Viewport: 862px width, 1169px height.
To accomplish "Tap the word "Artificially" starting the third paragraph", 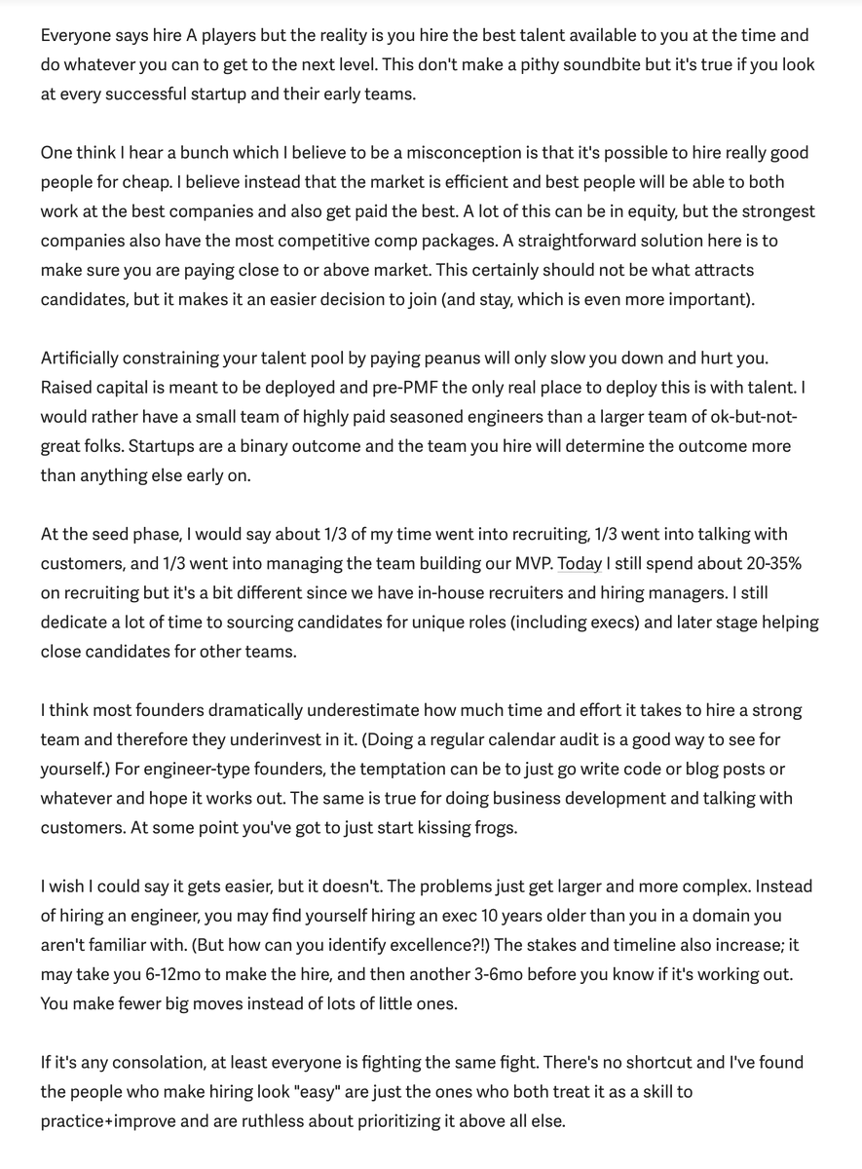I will coord(86,358).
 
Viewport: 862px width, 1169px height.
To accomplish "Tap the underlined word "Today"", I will coord(581,564).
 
